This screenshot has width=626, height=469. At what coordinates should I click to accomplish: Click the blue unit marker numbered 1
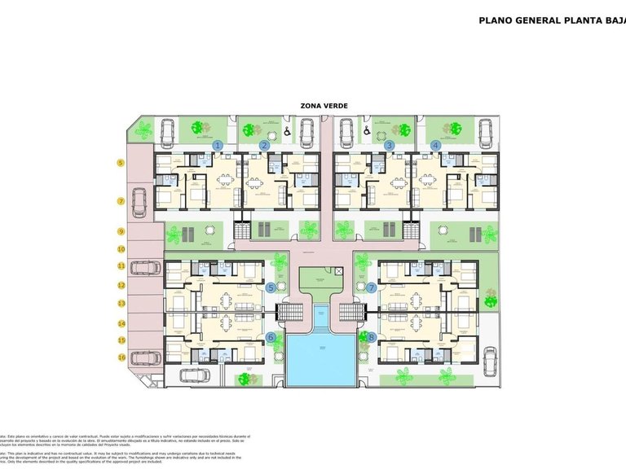tap(218, 145)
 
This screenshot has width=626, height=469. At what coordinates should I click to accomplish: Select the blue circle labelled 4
tap(436, 145)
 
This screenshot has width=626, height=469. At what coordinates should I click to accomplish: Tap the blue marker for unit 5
tap(271, 287)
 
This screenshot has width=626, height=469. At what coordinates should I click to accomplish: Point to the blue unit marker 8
tap(372, 336)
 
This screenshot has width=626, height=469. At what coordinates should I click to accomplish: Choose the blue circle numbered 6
tap(271, 336)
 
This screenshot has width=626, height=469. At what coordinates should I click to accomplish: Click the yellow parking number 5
tap(121, 163)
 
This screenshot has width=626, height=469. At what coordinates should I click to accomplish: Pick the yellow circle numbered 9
tap(121, 231)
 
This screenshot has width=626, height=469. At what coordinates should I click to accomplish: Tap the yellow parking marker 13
tap(121, 304)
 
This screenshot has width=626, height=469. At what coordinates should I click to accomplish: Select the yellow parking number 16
tap(121, 357)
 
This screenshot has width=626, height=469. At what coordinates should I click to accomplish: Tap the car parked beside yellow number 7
tap(139, 199)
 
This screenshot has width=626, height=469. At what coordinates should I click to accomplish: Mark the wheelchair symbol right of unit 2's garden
tap(287, 130)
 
